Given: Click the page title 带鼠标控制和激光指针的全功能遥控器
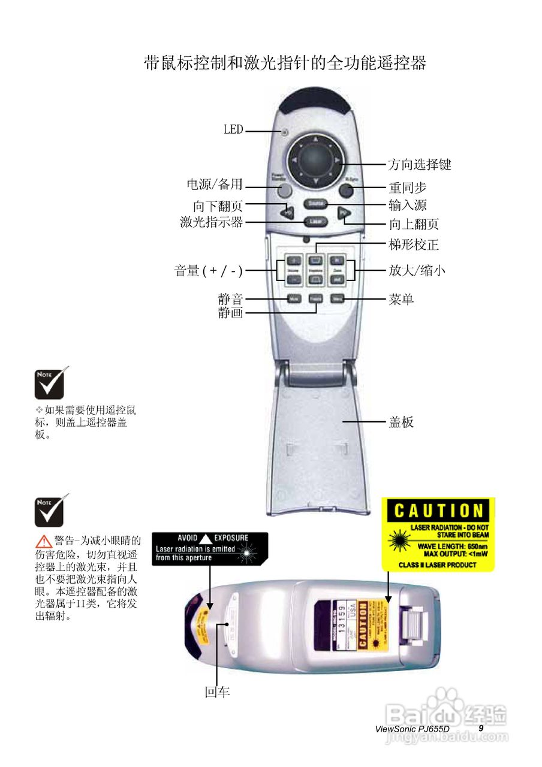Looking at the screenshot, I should pos(285,63).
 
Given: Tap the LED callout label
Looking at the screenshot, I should pos(233,129).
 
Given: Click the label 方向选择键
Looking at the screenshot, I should pos(420,164).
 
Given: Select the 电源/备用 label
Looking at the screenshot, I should pos(215,185).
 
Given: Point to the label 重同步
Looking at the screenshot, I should pos(407,188).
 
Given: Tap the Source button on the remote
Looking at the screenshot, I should pos(315,204).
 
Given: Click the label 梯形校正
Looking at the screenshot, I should pos(414,244).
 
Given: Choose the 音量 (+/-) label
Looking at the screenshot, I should pos(209,271).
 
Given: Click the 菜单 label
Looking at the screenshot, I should pos(401,298).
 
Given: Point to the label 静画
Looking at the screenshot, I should pos(230,312).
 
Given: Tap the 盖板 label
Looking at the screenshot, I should pos(401,422).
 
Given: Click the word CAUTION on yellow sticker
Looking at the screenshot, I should pos(438,511).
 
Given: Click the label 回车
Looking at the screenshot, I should pos(217,692).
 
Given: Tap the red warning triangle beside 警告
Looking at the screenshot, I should pos(43,541).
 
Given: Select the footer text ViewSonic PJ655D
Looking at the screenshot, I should pos(411,729).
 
